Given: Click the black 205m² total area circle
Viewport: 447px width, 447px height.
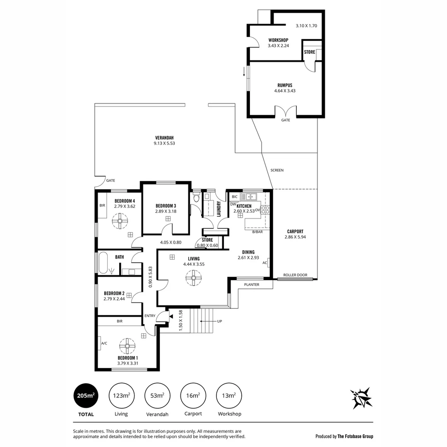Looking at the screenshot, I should (85, 396).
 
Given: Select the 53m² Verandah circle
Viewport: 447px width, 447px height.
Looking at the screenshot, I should (157, 396).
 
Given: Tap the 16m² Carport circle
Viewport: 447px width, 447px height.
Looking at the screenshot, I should (193, 396).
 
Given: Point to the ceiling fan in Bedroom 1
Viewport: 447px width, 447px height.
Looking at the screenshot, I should (127, 345).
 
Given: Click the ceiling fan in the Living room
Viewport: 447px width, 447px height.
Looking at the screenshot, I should (193, 278).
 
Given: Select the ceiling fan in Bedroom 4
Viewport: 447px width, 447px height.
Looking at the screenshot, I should (120, 221).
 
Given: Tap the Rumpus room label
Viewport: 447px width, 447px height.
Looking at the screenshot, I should (285, 85).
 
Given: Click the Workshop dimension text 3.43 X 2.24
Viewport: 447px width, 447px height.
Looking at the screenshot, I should (278, 46).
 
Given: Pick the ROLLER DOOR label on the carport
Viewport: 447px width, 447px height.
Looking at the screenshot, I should (295, 275).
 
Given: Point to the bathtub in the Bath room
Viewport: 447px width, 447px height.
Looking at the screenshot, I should (103, 263).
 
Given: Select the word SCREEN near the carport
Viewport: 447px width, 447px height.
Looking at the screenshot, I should (277, 170).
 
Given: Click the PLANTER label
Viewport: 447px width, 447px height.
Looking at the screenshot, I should (252, 284).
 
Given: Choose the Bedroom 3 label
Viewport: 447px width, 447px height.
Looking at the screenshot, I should (166, 206).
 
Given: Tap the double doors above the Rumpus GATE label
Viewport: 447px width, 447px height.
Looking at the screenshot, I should (286, 111).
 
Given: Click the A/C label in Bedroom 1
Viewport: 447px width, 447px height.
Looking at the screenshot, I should (104, 343).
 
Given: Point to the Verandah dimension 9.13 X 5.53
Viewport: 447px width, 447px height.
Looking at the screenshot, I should (164, 143).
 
